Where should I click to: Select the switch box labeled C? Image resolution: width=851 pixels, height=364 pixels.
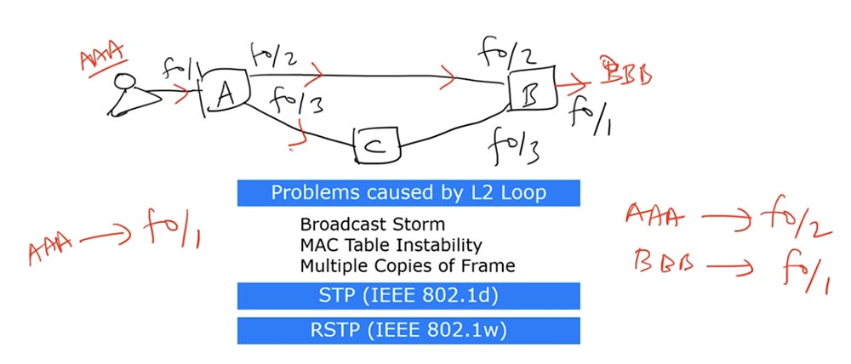tap(376, 145)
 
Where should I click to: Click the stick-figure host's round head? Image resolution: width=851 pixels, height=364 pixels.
tap(127, 82)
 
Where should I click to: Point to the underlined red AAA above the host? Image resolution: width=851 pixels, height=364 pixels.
tap(101, 60)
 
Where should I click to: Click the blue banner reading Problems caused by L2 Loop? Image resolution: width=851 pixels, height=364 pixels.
tap(408, 192)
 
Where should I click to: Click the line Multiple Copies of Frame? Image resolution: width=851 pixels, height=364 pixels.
tap(407, 265)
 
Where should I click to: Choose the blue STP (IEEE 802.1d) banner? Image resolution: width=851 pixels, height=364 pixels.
tap(408, 295)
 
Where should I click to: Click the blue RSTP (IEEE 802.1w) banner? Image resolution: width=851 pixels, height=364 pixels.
tap(408, 330)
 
